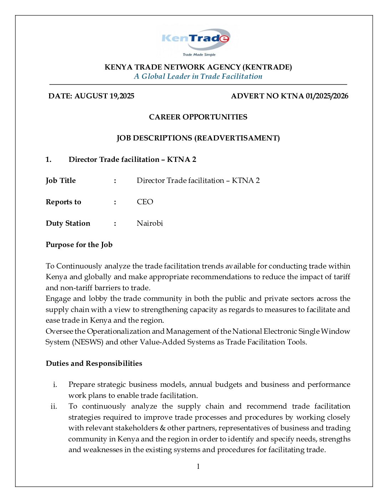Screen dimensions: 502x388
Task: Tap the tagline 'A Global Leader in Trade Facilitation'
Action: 198,76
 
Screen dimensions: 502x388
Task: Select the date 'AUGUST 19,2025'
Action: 104,96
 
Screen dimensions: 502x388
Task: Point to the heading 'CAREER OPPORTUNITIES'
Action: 198,117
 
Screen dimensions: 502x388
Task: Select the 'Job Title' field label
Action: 61,180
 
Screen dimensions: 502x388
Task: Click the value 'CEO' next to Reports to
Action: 145,202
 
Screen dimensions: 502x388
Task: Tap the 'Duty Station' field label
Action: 68,223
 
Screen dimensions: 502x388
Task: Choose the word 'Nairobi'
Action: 150,223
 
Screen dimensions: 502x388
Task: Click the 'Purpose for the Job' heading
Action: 79,245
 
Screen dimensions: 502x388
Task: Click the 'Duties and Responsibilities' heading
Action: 94,363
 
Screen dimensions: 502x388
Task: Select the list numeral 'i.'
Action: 55,384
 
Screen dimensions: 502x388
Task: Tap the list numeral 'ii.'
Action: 54,406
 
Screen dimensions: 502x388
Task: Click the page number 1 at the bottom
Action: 198,466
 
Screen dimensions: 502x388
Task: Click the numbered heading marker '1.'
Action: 48,159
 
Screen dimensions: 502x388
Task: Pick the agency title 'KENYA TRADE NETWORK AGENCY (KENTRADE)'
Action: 198,67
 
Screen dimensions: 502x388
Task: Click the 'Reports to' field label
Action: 63,202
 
